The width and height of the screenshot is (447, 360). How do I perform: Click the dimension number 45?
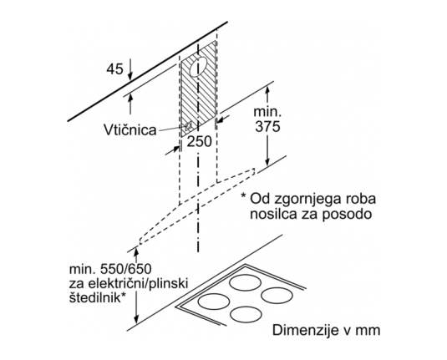click(x=115, y=69)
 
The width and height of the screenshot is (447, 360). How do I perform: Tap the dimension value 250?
click(x=199, y=141)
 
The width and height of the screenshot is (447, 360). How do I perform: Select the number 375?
click(x=267, y=126)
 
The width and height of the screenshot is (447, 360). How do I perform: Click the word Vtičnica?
click(x=130, y=130)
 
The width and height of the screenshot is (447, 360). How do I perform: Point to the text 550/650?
click(x=126, y=269)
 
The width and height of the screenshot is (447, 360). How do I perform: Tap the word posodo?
click(x=347, y=214)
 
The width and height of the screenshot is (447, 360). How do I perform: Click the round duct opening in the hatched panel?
click(x=197, y=68)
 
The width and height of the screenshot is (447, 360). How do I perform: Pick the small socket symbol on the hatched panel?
click(x=188, y=125)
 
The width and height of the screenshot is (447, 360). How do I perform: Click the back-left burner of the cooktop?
click(x=245, y=283)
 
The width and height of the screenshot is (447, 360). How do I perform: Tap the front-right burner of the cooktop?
click(x=246, y=315)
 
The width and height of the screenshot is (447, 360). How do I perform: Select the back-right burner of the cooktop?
click(x=277, y=296)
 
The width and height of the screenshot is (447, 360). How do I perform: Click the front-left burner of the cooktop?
click(x=214, y=302)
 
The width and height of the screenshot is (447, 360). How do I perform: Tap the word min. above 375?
click(x=267, y=111)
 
